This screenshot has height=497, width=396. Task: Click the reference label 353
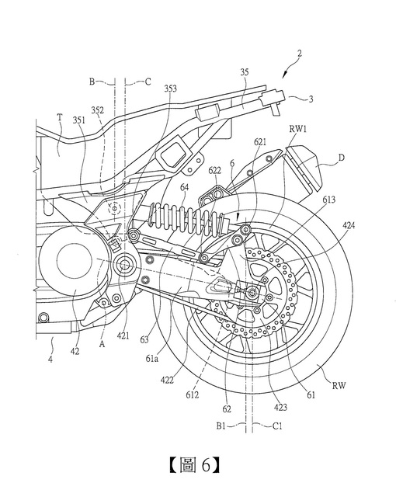(x=170, y=89)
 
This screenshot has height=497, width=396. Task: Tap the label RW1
(x=297, y=130)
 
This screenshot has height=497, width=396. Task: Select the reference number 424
(x=349, y=225)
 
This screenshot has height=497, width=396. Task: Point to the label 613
(x=329, y=200)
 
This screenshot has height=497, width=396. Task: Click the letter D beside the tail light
(x=342, y=158)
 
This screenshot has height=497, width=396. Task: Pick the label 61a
(x=151, y=360)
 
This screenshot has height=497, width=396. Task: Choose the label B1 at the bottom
(x=221, y=426)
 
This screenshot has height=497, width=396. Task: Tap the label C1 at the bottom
(x=277, y=426)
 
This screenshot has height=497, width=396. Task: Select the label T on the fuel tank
(x=60, y=118)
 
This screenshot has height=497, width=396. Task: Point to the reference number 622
(x=215, y=171)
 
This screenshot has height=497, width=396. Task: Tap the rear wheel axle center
(x=252, y=292)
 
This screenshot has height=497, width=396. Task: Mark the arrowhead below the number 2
(x=285, y=75)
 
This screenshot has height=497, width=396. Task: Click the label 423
(x=280, y=407)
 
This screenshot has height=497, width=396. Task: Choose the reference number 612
(x=192, y=394)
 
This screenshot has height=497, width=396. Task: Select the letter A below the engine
(x=102, y=345)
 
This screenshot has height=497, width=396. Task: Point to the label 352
(x=97, y=110)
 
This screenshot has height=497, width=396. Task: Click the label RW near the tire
(x=339, y=385)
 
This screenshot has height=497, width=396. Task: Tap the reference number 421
(x=123, y=335)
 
